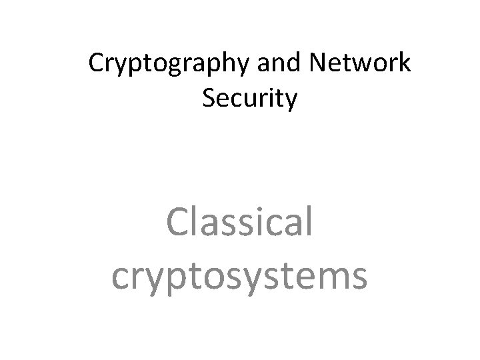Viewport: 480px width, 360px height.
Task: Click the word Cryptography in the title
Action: click(x=161, y=65)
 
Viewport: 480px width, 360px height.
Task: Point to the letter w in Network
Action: click(x=359, y=65)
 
